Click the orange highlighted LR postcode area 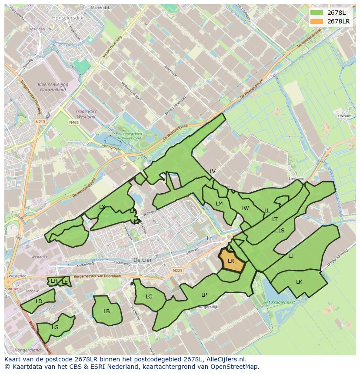[x=231, y=261]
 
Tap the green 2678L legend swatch [x=317, y=13]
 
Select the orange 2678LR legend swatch [x=317, y=21]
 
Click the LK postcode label [x=299, y=282]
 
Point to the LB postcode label [x=107, y=311]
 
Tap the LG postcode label [x=55, y=328]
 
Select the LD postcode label [x=39, y=301]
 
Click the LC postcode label [x=149, y=297]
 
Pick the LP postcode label [x=204, y=295]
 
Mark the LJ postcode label [x=291, y=256]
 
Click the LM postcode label [x=219, y=204]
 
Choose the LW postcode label [x=245, y=209]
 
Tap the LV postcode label [x=212, y=172]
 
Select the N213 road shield [x=41, y=122]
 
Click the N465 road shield [x=73, y=123]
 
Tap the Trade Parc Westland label [x=86, y=114]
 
